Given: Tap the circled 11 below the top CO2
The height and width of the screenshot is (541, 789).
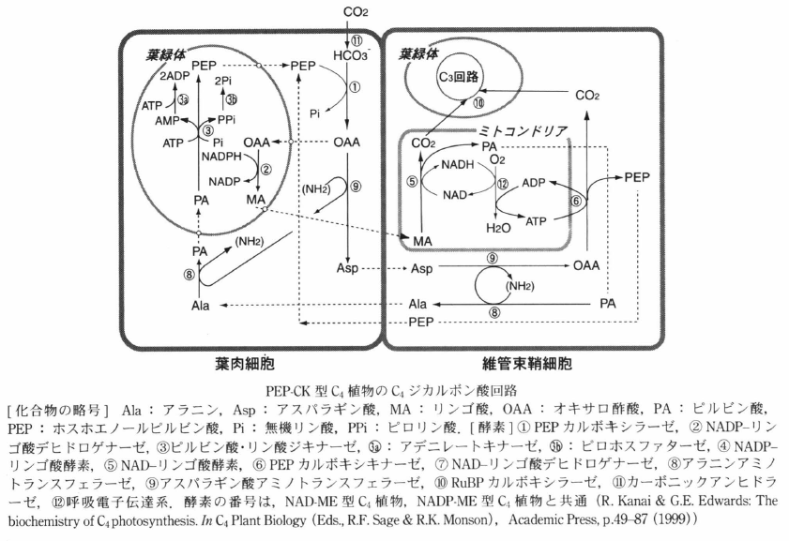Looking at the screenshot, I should click(x=356, y=39).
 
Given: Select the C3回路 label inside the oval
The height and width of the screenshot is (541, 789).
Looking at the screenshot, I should click(x=453, y=77).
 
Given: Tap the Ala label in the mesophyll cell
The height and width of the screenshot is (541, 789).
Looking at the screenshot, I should click(x=199, y=305).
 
